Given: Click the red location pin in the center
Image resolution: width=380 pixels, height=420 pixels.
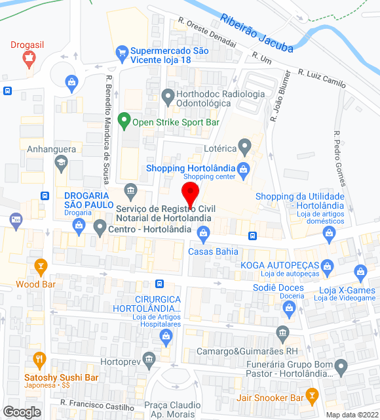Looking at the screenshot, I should [190, 195].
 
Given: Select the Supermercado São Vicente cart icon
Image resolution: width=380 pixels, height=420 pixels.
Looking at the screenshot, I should [121, 51].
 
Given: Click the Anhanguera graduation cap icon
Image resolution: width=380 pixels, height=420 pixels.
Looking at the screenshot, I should [61, 163].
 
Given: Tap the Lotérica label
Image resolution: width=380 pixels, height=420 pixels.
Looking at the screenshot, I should [219, 149].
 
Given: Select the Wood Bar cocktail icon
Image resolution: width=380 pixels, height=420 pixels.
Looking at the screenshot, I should [41, 266].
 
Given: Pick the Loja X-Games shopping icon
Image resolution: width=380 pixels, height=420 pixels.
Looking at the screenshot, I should [360, 272].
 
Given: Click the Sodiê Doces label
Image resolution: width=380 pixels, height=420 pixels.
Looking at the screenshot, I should [278, 287].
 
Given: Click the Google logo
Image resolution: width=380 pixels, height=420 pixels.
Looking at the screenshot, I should [22, 412].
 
